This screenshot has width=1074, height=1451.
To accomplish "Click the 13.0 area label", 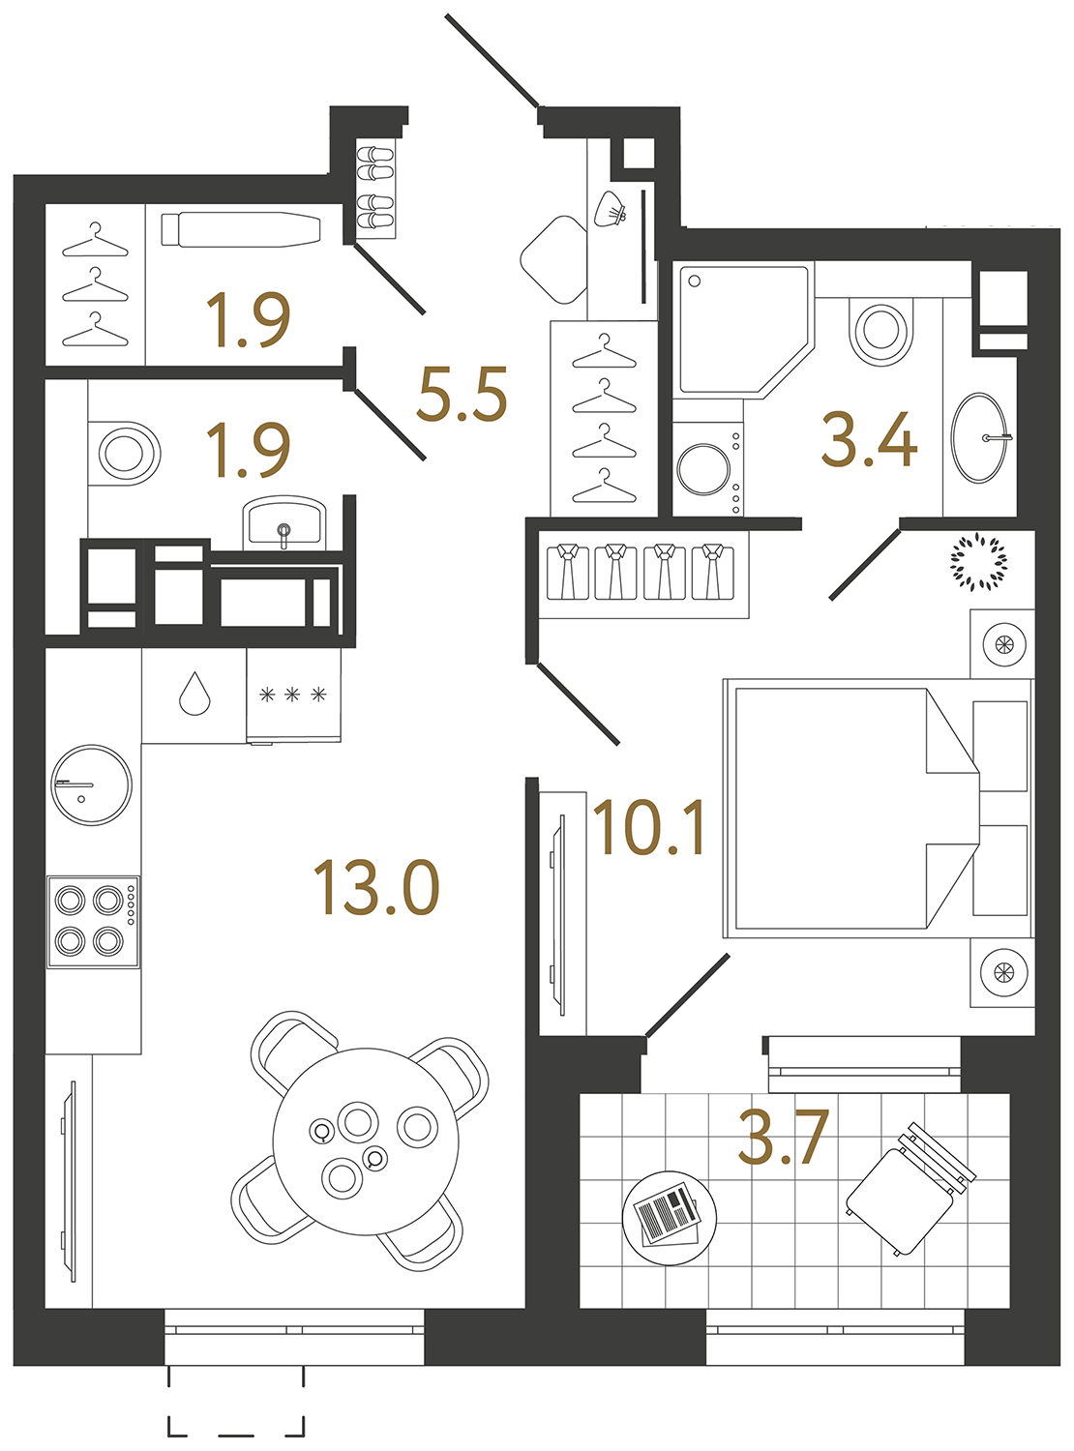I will [x=376, y=888].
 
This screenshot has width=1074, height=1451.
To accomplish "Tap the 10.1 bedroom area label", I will [x=649, y=829].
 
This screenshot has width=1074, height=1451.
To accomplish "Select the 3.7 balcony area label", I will [x=783, y=1138].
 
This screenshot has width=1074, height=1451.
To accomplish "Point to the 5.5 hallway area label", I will [x=462, y=395].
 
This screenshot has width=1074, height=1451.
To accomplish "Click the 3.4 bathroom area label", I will [x=868, y=440].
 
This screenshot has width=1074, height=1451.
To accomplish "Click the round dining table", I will [x=365, y=1141].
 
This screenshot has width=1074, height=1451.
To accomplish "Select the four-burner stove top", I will [x=93, y=921].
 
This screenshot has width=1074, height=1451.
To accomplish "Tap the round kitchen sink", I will [x=91, y=785].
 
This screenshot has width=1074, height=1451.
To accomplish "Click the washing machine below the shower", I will [x=707, y=469].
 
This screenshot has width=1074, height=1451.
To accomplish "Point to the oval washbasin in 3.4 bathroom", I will [x=980, y=437].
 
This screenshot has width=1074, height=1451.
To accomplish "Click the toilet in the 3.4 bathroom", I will [x=880, y=330].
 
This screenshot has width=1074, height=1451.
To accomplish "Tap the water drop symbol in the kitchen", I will [x=194, y=694].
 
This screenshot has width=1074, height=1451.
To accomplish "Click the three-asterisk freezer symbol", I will [x=293, y=695].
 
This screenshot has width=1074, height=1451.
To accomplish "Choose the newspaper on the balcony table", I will [x=667, y=1214].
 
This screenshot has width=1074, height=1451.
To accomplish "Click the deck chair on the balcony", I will [x=910, y=1188].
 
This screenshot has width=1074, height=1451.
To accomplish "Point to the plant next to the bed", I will [x=978, y=560].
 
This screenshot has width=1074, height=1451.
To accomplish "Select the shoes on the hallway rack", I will [x=374, y=189].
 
